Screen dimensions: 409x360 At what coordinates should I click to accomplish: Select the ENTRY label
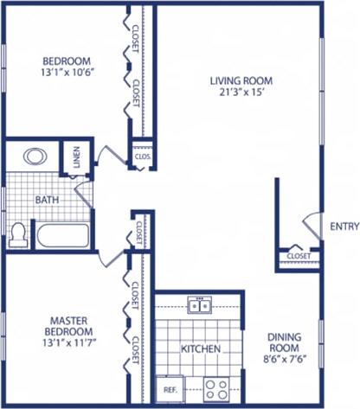[344, 227]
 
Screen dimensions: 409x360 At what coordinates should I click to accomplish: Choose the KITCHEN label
[200, 349]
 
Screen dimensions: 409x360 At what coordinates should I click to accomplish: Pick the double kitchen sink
[200, 304]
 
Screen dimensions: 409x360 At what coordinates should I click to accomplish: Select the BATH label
[47, 200]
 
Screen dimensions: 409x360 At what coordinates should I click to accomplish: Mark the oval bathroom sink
[35, 157]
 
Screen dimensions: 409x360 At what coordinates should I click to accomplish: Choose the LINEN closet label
[76, 157]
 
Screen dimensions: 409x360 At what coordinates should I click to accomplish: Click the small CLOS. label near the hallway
[143, 157]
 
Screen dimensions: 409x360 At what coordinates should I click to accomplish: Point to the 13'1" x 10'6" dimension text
[67, 73]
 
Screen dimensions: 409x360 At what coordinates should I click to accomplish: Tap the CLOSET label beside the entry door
[299, 256]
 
